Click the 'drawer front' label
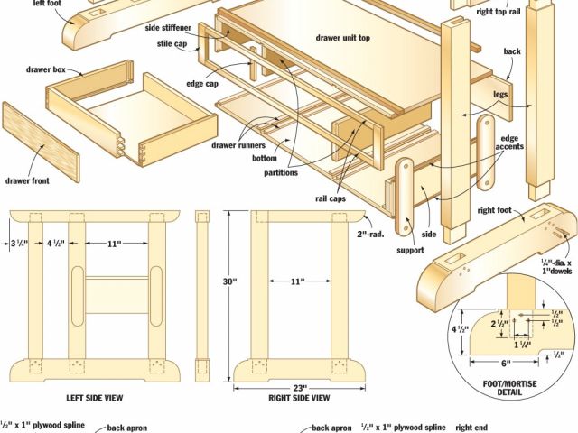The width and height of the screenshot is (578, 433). click(27, 180)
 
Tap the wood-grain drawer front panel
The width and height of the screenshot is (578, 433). click(41, 143)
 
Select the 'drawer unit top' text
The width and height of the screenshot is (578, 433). click(343, 38)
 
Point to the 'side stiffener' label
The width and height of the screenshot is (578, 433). click(168, 28)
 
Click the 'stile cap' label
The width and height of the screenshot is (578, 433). click(172, 44)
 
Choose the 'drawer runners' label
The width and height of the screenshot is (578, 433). click(238, 145)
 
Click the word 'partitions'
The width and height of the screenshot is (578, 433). click(281, 172)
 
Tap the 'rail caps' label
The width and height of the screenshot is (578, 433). click(331, 198)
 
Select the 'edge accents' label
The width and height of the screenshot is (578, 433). click(509, 143)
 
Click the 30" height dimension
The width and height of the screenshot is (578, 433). click(229, 281)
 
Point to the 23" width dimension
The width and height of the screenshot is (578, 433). click(300, 388)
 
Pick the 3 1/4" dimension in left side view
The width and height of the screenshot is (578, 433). click(19, 244)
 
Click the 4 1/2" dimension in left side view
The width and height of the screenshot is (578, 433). click(56, 244)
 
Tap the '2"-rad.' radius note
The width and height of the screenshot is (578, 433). click(370, 234)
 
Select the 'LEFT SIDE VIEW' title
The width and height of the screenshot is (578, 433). click(95, 398)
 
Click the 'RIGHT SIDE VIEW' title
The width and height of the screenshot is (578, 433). click(299, 398)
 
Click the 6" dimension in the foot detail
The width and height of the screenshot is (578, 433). click(504, 364)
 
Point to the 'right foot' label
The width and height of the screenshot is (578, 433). click(494, 210)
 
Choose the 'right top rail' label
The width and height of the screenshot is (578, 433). click(499, 12)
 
